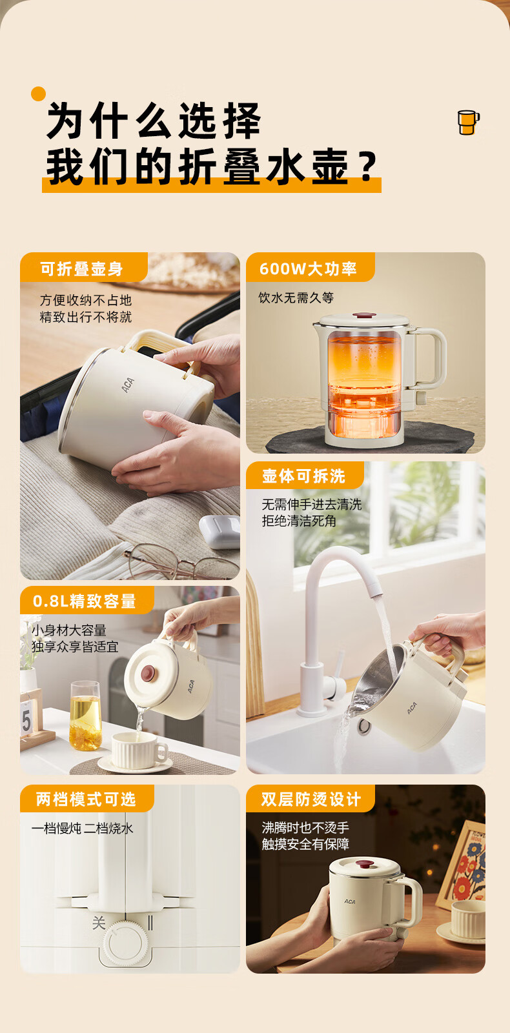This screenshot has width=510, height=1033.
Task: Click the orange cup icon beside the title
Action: pyautogui.click(x=468, y=122)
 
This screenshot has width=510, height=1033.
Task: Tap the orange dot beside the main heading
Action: pyautogui.click(x=38, y=94)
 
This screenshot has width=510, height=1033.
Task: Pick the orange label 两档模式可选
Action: pyautogui.click(x=87, y=799)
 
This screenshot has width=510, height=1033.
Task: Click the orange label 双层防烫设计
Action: pyautogui.click(x=310, y=799)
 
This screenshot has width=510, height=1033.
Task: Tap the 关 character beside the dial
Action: pyautogui.click(x=99, y=923)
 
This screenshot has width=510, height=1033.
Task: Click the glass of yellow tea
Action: pyautogui.click(x=85, y=716)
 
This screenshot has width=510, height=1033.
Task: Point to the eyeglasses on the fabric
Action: pyautogui.click(x=178, y=560)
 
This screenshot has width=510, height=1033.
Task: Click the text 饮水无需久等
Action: pyautogui.click(x=296, y=297)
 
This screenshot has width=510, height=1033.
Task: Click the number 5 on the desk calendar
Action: pyautogui.click(x=26, y=720)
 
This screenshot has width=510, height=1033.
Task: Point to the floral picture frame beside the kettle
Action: pyautogui.click(x=462, y=867)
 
